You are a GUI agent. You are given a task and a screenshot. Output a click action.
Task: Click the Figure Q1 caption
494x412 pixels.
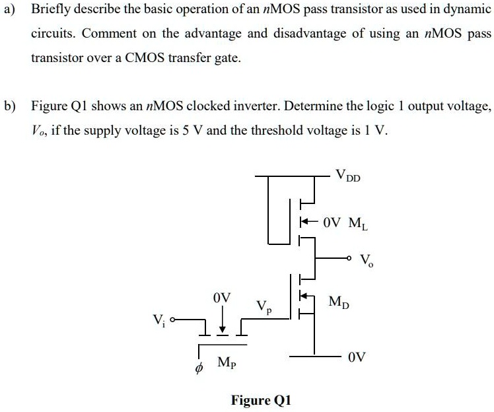(260, 400)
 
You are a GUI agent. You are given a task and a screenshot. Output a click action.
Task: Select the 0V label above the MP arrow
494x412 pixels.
(222, 298)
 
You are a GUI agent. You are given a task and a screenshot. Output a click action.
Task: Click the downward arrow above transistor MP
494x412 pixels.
(222, 321)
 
